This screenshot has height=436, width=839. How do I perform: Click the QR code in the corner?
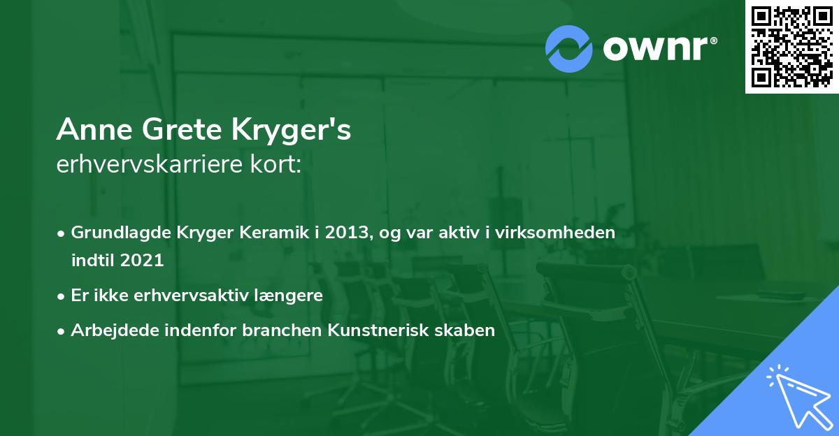tap(791, 46)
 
